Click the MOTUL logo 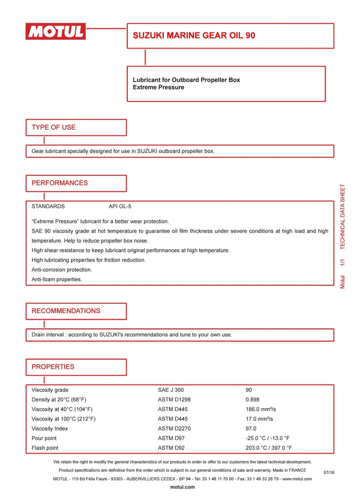(x=56, y=32)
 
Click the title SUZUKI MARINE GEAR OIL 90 (x=194, y=35)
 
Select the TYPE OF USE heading (x=53, y=127)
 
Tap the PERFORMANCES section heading (x=60, y=183)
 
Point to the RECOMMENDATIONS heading (x=66, y=311)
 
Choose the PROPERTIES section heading (x=53, y=366)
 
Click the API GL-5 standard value (x=120, y=206)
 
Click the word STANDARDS (x=48, y=206)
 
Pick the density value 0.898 (x=253, y=399)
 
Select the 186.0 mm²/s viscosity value (x=261, y=409)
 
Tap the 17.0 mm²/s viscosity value (x=259, y=419)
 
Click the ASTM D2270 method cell (x=174, y=429)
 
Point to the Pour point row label (x=44, y=438)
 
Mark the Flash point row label (x=45, y=448)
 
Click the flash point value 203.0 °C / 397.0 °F (x=269, y=448)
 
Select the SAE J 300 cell (x=171, y=390)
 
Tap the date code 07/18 (x=329, y=472)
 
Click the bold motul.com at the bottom (x=183, y=487)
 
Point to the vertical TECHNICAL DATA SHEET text (x=343, y=216)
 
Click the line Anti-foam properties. (x=57, y=279)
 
